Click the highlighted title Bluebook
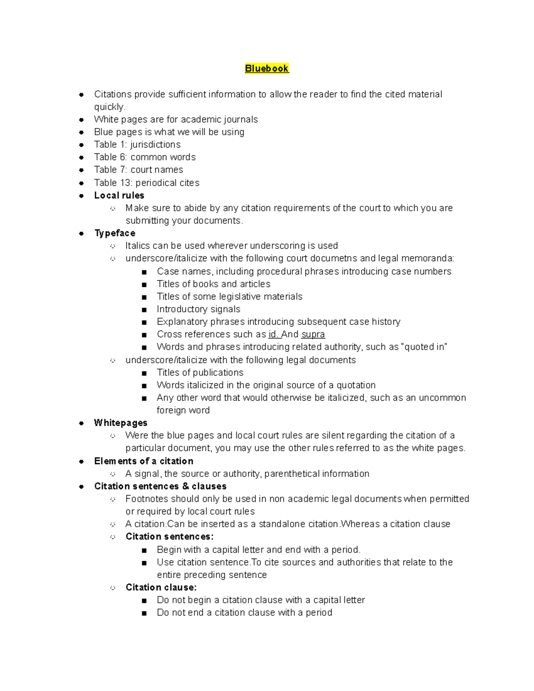pos(267,69)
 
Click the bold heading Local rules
pos(119,195)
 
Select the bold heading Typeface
pos(114,233)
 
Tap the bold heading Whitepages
pos(120,423)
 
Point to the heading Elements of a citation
pos(143,461)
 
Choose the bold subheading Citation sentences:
pos(169,537)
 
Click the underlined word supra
pos(313,334)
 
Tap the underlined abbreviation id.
pos(273,334)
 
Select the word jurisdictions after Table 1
pos(155,145)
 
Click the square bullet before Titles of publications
pos(144,373)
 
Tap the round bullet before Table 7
pos(81,170)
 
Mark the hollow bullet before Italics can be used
pos(113,246)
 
